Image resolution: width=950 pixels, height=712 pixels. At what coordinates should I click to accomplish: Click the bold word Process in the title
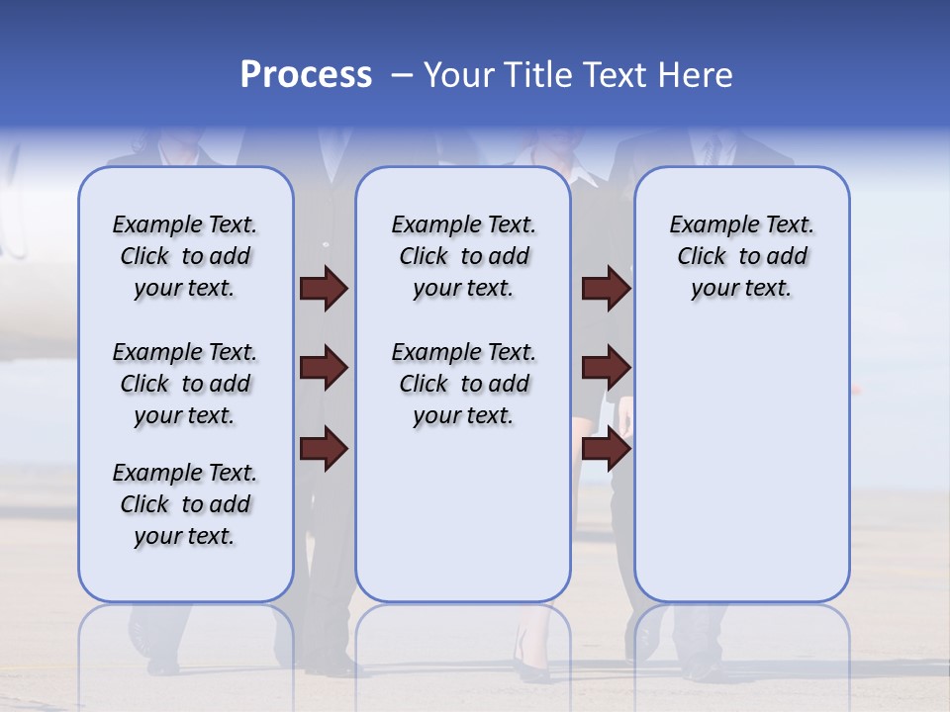[x=306, y=75]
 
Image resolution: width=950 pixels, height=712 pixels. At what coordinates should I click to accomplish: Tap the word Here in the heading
[x=697, y=75]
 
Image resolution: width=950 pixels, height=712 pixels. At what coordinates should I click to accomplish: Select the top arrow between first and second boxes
[x=325, y=288]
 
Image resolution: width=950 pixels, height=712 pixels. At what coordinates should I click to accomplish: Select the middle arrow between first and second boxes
[x=325, y=368]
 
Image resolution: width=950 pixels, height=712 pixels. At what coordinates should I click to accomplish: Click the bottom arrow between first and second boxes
[x=325, y=449]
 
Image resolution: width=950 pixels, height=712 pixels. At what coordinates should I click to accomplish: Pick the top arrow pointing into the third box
[x=606, y=288]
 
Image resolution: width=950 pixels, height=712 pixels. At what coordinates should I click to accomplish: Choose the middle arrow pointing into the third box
[x=606, y=368]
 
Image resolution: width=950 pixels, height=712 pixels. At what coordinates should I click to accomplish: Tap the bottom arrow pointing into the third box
[x=606, y=449]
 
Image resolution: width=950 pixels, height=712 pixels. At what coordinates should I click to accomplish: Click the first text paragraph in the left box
[x=185, y=256]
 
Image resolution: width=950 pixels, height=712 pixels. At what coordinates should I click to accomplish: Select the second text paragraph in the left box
[x=185, y=384]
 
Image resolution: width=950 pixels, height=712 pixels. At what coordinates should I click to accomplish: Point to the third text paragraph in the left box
[x=185, y=504]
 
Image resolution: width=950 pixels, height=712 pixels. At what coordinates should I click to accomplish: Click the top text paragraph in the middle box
[x=463, y=256]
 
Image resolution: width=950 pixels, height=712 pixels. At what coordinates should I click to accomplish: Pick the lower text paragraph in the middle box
[x=463, y=384]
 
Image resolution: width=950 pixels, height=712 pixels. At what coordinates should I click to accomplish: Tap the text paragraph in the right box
[x=741, y=256]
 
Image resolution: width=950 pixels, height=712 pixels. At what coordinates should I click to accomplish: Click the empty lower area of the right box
[x=741, y=465]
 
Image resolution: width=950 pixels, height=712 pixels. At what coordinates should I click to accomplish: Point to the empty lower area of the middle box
[x=463, y=514]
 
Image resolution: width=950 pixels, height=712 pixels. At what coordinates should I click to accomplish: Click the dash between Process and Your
[x=401, y=75]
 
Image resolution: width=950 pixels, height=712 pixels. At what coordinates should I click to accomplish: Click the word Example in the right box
[x=705, y=225]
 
